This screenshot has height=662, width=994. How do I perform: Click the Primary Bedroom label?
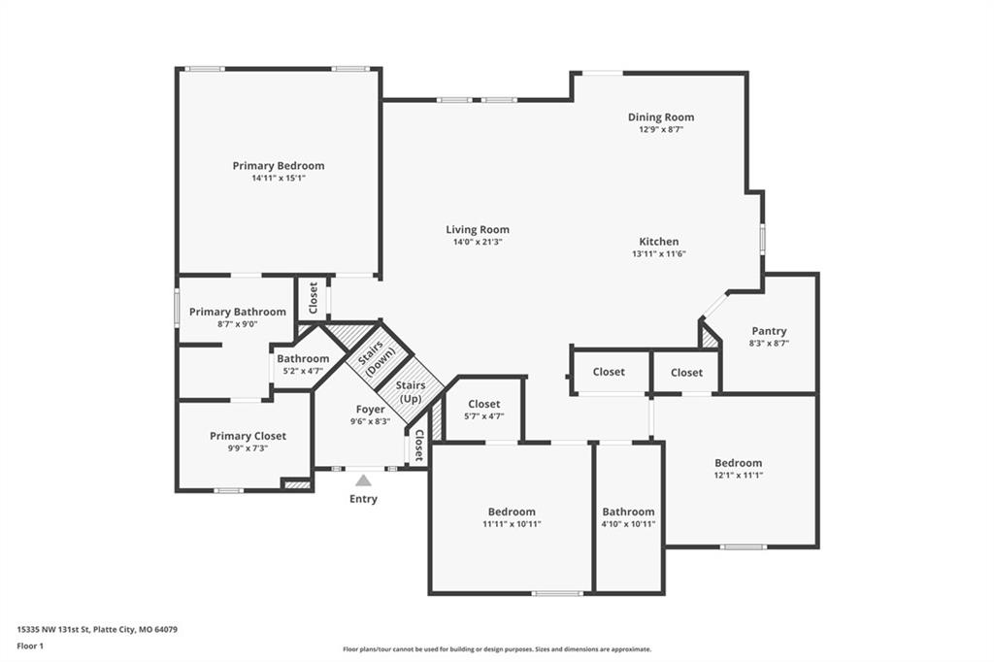click(279, 165)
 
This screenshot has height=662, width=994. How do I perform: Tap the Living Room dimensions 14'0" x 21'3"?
click(478, 242)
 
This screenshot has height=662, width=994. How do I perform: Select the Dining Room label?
click(660, 117)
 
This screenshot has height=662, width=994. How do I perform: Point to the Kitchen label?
click(659, 242)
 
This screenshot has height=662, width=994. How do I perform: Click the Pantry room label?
click(769, 331)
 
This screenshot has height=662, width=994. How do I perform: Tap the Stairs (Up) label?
click(411, 392)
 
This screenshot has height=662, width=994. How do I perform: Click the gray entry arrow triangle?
click(363, 480)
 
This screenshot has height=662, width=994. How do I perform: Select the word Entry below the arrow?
click(363, 499)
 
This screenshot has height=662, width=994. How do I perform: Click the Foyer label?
click(370, 410)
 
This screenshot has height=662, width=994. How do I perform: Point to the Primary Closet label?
click(248, 436)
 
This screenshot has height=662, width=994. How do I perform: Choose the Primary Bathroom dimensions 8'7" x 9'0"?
click(237, 324)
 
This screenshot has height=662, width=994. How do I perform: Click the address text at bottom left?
click(97, 630)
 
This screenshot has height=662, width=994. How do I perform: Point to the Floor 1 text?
click(30, 646)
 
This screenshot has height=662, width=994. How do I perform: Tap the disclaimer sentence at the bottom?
click(497, 649)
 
